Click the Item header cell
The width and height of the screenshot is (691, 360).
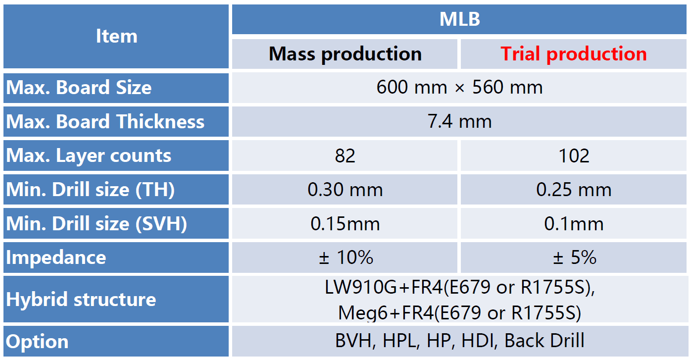(x=116, y=37)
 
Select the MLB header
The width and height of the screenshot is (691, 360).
(x=459, y=19)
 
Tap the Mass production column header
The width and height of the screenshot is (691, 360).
(x=345, y=54)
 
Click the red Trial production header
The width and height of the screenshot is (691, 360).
(x=574, y=54)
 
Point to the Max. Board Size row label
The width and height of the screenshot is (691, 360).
(x=79, y=87)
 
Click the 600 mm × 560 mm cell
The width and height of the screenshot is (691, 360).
(x=459, y=87)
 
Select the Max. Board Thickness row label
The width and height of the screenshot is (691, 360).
(x=105, y=121)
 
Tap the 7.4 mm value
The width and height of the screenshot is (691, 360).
(x=459, y=121)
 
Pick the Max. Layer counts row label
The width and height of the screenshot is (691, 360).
(x=89, y=156)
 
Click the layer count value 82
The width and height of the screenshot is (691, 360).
(x=345, y=156)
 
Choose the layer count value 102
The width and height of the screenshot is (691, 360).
(x=574, y=156)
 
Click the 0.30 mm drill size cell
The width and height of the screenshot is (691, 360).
(x=345, y=190)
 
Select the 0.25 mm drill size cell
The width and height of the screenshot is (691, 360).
(x=574, y=190)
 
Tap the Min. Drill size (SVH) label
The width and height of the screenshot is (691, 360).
(x=97, y=224)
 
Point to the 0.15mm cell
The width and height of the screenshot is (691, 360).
(x=345, y=224)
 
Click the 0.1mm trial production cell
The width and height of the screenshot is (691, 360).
(x=574, y=224)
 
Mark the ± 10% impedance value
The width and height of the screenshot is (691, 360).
(x=346, y=257)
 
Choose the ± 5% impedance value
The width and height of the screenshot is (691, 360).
(x=574, y=257)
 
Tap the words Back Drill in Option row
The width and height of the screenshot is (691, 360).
(x=544, y=341)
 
